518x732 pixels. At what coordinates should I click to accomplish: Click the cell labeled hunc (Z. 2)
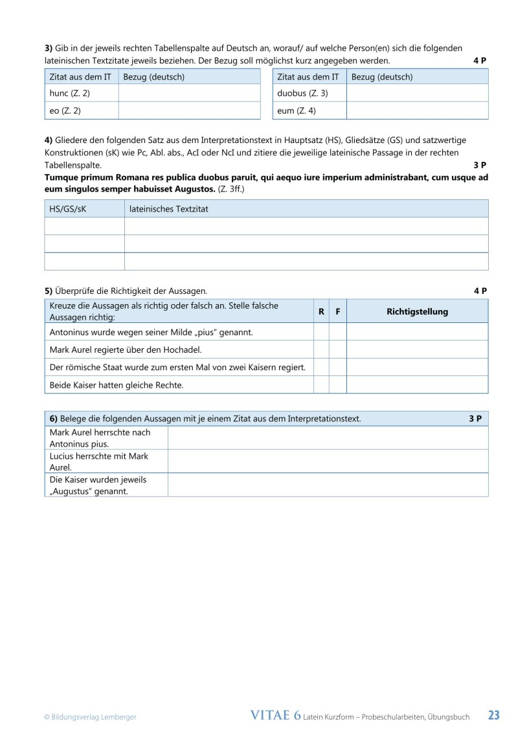point(81,93)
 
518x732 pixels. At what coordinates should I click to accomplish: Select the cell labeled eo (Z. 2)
point(81,111)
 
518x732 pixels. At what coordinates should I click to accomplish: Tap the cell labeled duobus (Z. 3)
point(310,93)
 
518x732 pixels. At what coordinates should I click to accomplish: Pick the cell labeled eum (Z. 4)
point(310,111)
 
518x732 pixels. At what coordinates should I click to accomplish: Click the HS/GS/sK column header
point(84,209)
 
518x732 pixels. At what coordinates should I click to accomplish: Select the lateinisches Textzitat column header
point(306,209)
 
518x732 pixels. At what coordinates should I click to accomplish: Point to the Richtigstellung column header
point(417,311)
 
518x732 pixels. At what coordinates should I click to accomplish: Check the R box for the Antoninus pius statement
point(321,332)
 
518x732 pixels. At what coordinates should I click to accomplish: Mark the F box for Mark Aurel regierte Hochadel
point(337,349)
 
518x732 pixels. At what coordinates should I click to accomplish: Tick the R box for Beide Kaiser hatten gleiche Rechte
point(321,385)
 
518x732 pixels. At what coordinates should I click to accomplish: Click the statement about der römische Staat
point(178,368)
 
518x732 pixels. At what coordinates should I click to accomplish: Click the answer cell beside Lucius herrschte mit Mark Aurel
point(328,461)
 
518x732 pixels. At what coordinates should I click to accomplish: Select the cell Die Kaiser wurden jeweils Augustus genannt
point(106,485)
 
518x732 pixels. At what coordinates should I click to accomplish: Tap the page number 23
point(493,715)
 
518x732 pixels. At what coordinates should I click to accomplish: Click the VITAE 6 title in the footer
point(275,715)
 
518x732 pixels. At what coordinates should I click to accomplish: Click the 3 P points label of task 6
point(475,419)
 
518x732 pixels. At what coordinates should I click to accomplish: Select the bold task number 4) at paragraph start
point(48,140)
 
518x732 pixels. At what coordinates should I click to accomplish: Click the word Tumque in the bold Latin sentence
point(61,177)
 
